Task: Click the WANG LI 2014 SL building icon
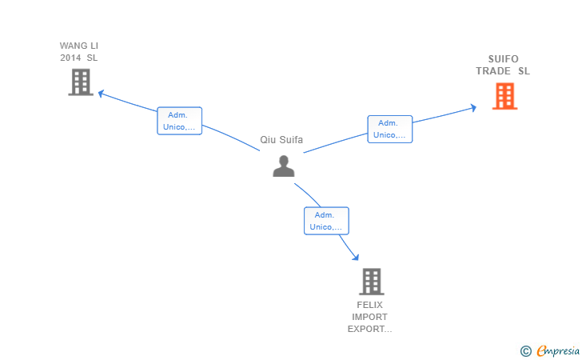80,82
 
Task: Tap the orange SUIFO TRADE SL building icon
504,96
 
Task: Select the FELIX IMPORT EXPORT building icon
371,282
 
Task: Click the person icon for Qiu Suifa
284,166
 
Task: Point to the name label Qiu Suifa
281,139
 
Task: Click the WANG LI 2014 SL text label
79,51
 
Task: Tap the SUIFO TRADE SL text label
503,65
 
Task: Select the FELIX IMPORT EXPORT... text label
369,317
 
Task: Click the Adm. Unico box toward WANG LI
179,121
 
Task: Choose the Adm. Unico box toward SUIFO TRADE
389,129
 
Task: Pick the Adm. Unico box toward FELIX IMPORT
325,221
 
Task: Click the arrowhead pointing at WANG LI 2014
101,94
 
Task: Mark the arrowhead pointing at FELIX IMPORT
355,258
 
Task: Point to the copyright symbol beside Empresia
525,350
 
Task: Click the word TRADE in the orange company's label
493,71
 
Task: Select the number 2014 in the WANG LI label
71,58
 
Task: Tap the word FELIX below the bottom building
369,306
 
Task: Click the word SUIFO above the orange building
503,59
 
